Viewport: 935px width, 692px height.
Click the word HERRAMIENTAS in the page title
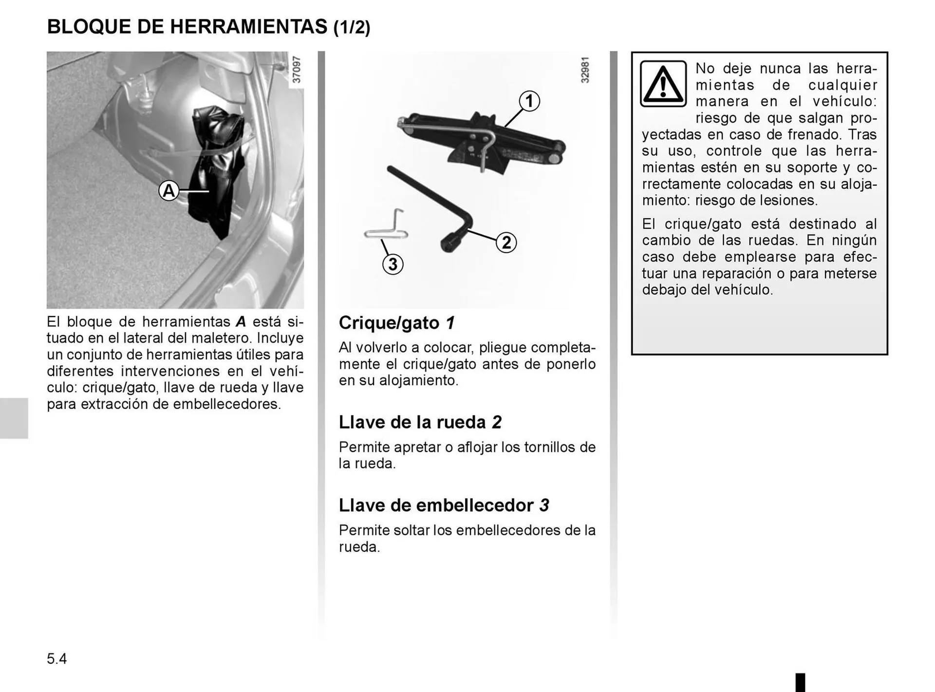tap(248, 26)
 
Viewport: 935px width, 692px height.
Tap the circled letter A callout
tap(168, 190)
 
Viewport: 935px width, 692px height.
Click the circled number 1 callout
tap(529, 101)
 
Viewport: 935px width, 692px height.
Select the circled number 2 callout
tap(506, 242)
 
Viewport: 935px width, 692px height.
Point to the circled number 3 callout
tap(393, 264)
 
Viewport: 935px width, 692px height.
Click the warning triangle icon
tap(663, 84)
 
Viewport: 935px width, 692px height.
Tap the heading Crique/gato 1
tap(396, 323)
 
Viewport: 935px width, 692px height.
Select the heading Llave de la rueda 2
tap(420, 422)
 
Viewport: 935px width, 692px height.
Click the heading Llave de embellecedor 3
tap(444, 505)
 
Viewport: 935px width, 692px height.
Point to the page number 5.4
tap(57, 659)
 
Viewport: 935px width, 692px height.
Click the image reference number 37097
tap(296, 70)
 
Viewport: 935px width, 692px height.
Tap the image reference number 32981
tap(585, 70)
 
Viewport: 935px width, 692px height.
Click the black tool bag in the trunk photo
tap(214, 166)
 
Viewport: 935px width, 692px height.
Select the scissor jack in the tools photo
tap(482, 139)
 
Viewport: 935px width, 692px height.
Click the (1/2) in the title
tap(352, 27)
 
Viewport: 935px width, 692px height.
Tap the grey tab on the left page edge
tap(14, 418)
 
